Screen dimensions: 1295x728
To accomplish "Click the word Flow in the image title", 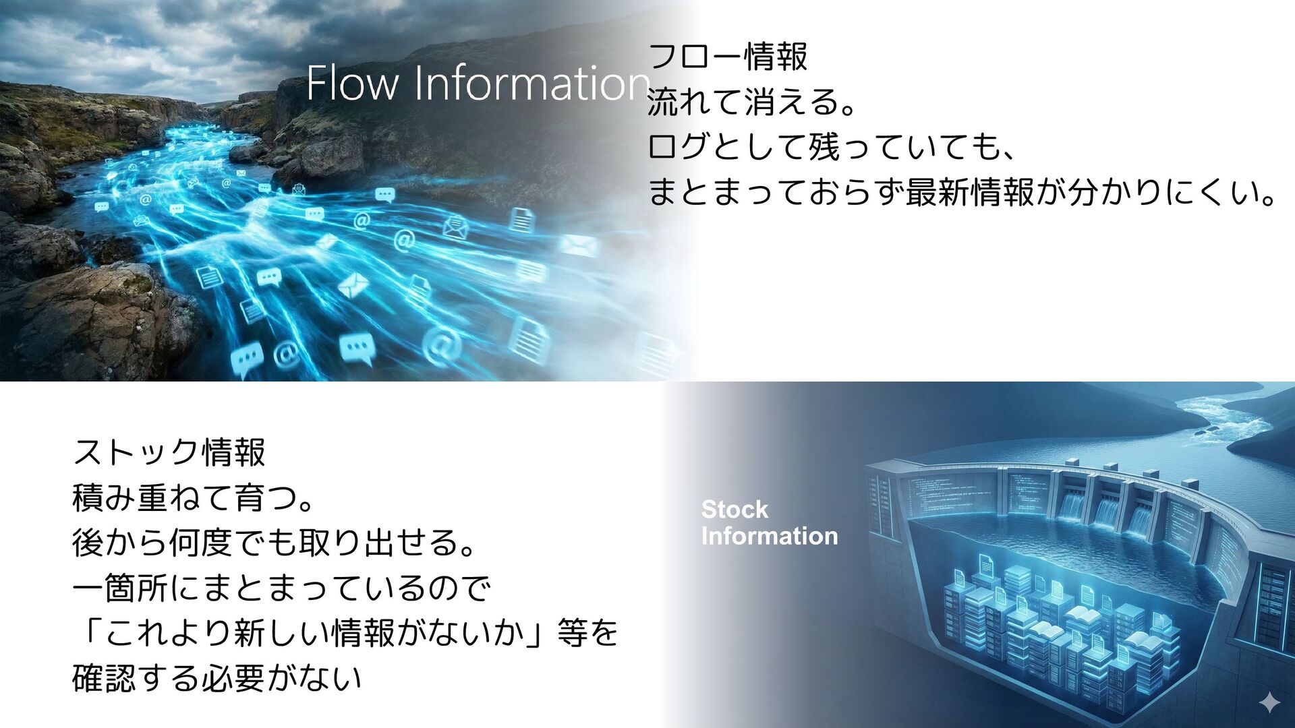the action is point(353,83).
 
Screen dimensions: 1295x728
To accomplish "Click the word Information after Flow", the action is point(532,83).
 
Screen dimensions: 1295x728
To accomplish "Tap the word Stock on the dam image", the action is point(735,510).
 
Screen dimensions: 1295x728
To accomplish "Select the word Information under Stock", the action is point(770,536).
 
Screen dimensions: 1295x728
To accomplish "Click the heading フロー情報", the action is point(727,57).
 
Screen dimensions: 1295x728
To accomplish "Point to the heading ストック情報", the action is point(169,452).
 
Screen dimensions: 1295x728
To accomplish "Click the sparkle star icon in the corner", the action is point(1269,702).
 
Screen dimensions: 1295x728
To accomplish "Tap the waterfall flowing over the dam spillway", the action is point(1106,512).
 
